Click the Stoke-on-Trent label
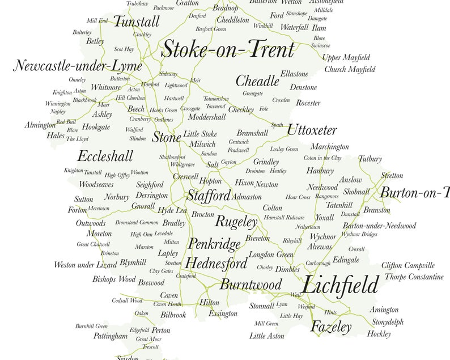pyautogui.click(x=228, y=50)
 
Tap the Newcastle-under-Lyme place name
pyautogui.click(x=78, y=66)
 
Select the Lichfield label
pyautogui.click(x=339, y=285)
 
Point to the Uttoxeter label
pyautogui.click(x=312, y=130)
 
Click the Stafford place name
pyautogui.click(x=209, y=196)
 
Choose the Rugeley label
pyautogui.click(x=236, y=221)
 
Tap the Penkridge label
pyautogui.click(x=214, y=244)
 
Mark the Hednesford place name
pyautogui.click(x=216, y=264)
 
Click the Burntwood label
pyautogui.click(x=251, y=284)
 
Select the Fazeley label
pyautogui.click(x=331, y=327)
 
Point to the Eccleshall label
pyautogui.click(x=105, y=156)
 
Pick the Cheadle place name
pyautogui.click(x=257, y=81)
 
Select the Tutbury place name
pyautogui.click(x=370, y=159)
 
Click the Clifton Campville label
pyautogui.click(x=408, y=265)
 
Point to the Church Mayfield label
pyautogui.click(x=350, y=70)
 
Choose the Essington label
pyautogui.click(x=223, y=313)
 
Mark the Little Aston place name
pyautogui.click(x=267, y=336)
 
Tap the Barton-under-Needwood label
pyautogui.click(x=379, y=226)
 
